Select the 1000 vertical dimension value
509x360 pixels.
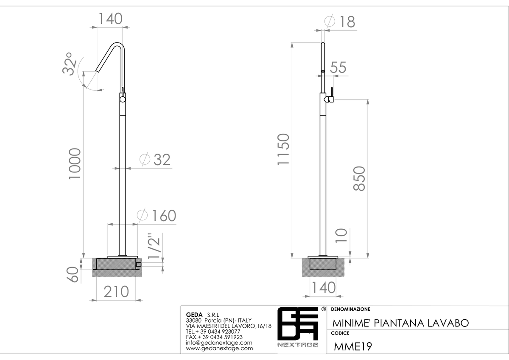pyautogui.click(x=75, y=164)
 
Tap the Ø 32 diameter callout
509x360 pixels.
pyautogui.click(x=155, y=160)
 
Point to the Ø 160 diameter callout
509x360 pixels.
pyautogui.click(x=157, y=215)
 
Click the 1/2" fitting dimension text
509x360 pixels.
pyautogui.click(x=154, y=247)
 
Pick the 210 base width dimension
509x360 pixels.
pyautogui.click(x=116, y=292)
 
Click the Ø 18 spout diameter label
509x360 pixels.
pyautogui.click(x=340, y=21)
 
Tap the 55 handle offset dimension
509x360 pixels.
pyautogui.click(x=338, y=67)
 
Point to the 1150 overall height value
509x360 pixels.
pyautogui.click(x=284, y=149)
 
